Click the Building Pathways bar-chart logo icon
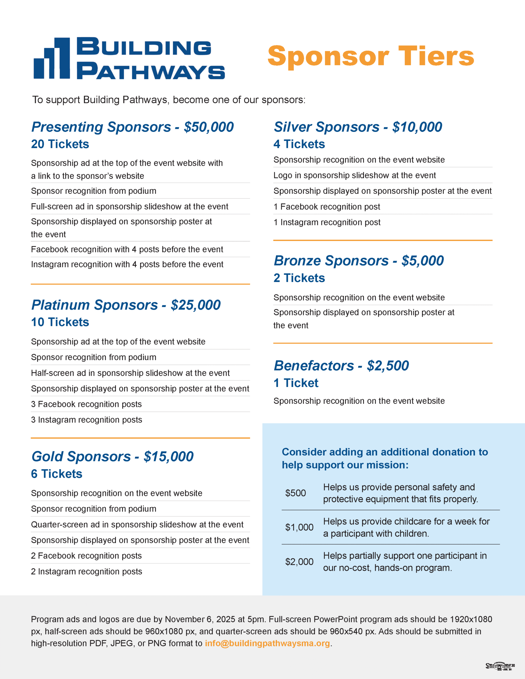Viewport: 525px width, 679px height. point(52,58)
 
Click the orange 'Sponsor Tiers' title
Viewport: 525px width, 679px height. point(370,56)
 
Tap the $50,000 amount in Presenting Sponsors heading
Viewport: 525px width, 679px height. point(209,127)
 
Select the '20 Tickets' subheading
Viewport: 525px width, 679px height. point(60,144)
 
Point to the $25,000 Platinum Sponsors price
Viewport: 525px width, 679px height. point(196,305)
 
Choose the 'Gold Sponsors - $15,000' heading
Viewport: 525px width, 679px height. point(112,457)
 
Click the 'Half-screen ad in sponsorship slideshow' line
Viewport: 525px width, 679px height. point(130,373)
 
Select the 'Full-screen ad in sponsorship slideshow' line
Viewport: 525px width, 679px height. point(129,206)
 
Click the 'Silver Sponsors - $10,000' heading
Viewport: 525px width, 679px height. point(358,127)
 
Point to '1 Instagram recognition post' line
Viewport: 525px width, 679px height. point(327,222)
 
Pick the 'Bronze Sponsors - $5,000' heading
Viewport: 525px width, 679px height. point(359,261)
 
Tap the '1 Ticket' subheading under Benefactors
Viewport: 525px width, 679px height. point(296,383)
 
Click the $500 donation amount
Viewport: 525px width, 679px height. point(296,493)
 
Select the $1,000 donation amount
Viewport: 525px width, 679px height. point(299,527)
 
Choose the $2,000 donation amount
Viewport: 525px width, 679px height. point(299,562)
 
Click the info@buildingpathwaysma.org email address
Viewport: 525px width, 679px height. point(267,643)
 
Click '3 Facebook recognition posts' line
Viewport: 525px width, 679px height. point(86,404)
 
